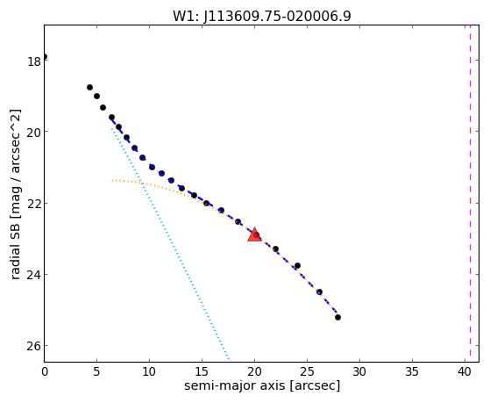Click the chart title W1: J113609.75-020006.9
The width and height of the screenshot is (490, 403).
(x=262, y=17)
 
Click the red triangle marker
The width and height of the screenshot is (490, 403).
(x=255, y=234)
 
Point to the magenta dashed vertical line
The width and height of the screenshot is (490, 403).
(x=470, y=193)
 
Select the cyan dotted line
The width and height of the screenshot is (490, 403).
(x=170, y=243)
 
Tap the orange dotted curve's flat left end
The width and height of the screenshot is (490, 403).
(x=112, y=180)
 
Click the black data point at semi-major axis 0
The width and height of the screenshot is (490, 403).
(x=45, y=57)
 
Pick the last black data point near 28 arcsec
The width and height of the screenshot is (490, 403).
(x=337, y=317)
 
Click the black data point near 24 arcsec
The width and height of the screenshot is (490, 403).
(x=297, y=265)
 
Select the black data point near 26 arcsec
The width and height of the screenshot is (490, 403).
(x=319, y=291)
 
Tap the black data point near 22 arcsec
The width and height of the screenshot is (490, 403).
(x=275, y=249)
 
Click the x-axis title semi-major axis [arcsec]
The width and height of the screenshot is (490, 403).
(x=262, y=385)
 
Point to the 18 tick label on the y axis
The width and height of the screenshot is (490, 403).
(x=34, y=61)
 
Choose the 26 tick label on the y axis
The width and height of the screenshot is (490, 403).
(x=34, y=346)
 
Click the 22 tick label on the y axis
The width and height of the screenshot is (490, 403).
(x=34, y=204)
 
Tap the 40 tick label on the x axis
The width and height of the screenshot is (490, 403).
(x=465, y=371)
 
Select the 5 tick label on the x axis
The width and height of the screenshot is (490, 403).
(x=96, y=371)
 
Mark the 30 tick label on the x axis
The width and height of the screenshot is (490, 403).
(x=359, y=371)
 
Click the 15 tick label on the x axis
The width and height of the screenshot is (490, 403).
(x=202, y=371)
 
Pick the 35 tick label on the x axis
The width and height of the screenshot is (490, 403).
(x=412, y=371)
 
